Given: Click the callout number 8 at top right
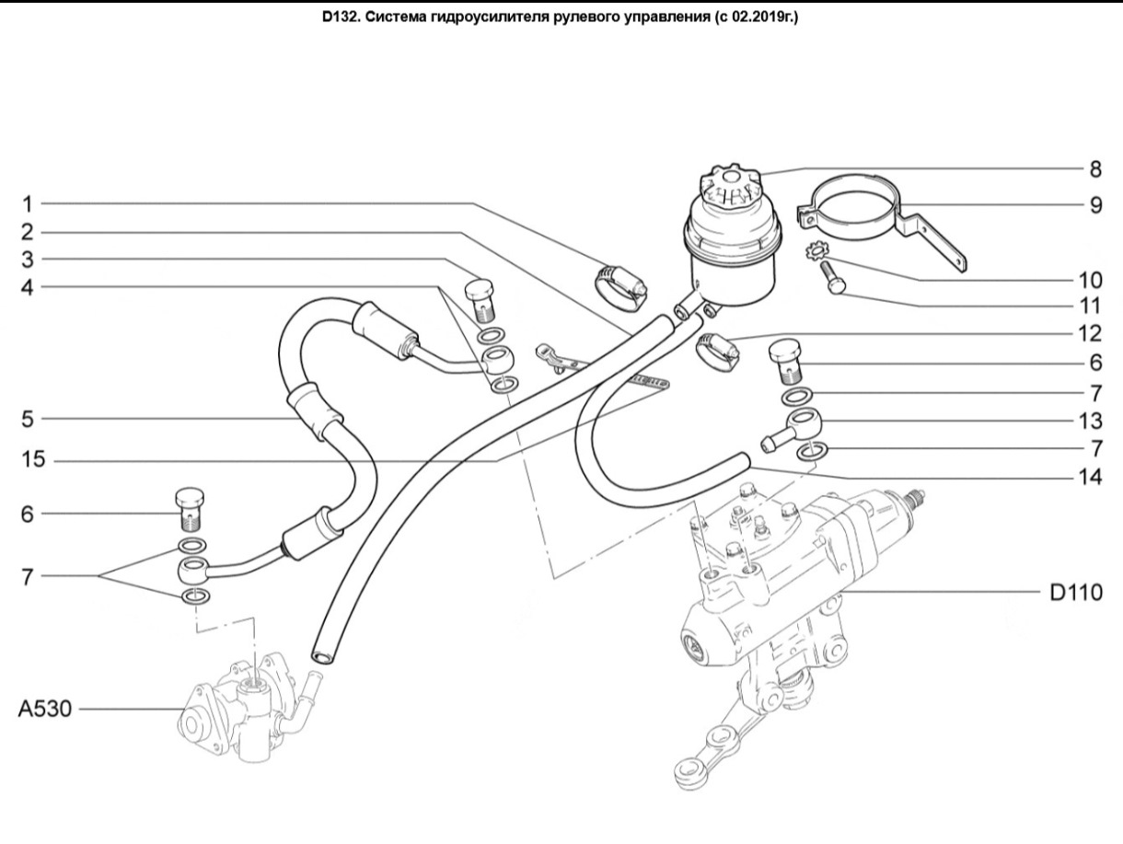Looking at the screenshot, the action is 1094,169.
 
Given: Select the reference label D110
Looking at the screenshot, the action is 1076,593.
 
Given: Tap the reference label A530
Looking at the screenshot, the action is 45,710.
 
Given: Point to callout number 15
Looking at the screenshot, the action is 33,459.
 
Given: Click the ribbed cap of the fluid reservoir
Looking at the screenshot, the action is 731,191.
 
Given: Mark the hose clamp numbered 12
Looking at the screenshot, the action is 717,353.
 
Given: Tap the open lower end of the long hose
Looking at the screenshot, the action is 322,657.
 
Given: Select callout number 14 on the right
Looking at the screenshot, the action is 1090,478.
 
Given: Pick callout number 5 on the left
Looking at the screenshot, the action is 28,420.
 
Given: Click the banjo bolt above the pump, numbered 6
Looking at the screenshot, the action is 190,509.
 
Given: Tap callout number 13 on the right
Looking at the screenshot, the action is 1090,421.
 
